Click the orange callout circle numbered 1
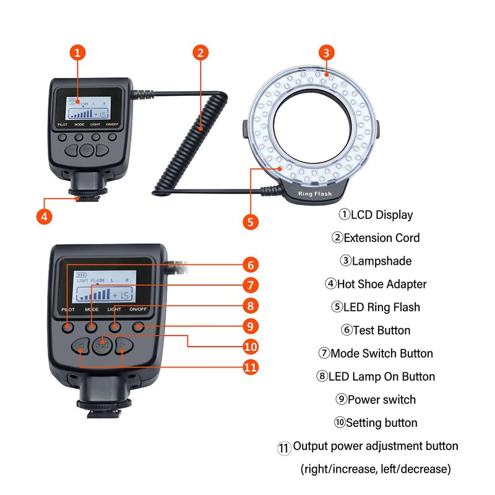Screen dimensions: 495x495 [77, 53]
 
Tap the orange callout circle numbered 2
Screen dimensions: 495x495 [199, 53]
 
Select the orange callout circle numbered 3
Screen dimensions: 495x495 [328, 53]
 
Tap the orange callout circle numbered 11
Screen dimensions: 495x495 [250, 367]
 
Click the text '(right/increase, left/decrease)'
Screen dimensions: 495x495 [376, 469]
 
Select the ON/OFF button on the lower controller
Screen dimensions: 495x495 [137, 326]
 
